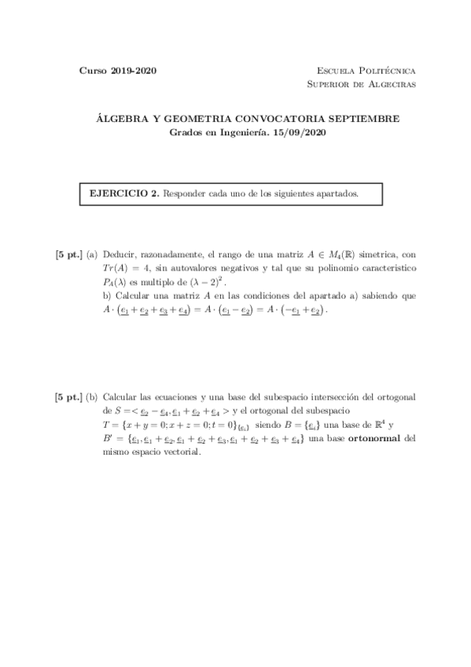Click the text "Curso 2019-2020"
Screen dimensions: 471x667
pos(118,71)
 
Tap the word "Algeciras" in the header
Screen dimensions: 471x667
pos(391,84)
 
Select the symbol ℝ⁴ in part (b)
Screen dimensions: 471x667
pos(378,424)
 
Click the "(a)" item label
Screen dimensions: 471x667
pos(92,255)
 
